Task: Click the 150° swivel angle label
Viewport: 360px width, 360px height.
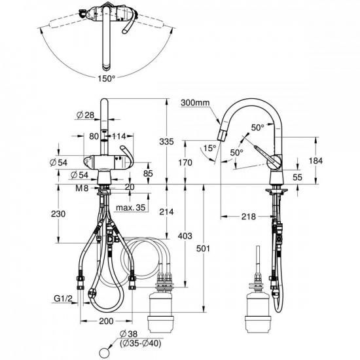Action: (107, 79)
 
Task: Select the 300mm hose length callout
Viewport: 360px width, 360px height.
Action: (195, 102)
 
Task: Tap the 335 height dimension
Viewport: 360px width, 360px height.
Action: (166, 141)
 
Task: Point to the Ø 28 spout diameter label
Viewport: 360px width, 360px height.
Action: (84, 115)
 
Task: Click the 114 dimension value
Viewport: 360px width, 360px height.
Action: (119, 136)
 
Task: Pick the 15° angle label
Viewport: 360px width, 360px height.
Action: (210, 148)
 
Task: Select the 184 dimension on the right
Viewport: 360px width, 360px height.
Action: (315, 161)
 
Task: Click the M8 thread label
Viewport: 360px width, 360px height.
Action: (82, 189)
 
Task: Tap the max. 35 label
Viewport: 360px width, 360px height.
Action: (131, 207)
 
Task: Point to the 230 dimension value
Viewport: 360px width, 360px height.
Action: (58, 214)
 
